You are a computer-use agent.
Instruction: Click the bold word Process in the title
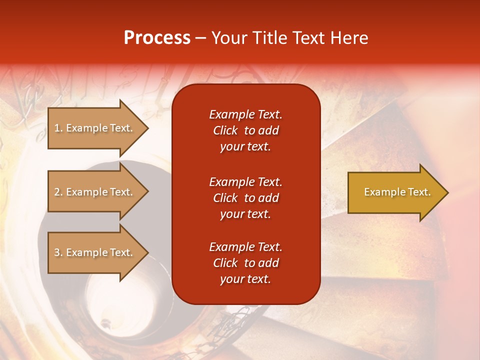(x=157, y=38)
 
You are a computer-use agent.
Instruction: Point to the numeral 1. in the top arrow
(x=58, y=128)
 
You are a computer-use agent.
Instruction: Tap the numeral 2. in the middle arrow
(x=58, y=192)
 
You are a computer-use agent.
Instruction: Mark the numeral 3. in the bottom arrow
(x=58, y=252)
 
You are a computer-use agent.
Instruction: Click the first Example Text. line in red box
(x=245, y=114)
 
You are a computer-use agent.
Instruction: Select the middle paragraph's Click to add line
(x=245, y=198)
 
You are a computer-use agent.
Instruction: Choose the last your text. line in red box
(x=245, y=279)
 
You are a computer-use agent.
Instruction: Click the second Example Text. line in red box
(x=245, y=181)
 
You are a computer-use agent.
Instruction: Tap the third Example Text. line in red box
(x=245, y=247)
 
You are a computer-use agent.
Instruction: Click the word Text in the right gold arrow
(x=419, y=192)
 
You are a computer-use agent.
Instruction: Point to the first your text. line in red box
(x=245, y=147)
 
